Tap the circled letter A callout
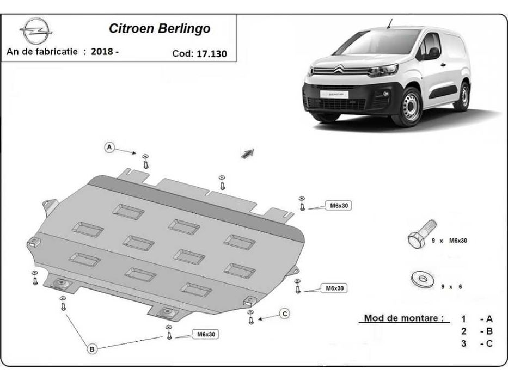(x=109, y=148)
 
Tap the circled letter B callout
(x=92, y=348)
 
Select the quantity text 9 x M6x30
(x=449, y=240)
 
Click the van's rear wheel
(x=463, y=96)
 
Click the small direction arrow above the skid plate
(x=248, y=154)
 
